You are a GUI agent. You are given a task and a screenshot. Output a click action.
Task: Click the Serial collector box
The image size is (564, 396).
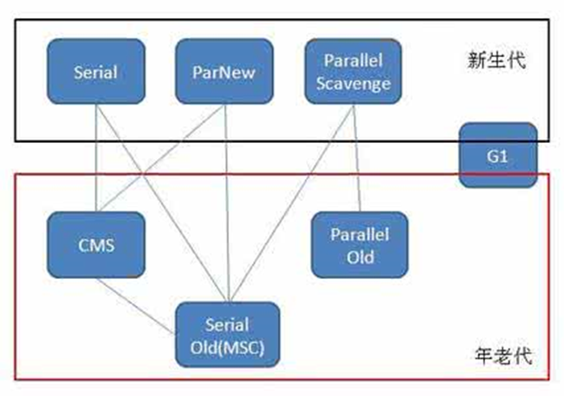(96, 71)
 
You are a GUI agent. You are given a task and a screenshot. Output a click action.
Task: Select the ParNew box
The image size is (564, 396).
(224, 71)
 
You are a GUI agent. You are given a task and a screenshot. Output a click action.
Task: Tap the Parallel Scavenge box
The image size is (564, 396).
(353, 71)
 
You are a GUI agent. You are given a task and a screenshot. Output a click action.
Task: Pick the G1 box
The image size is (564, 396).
(498, 155)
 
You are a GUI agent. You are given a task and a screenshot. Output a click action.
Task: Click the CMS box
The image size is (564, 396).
(96, 244)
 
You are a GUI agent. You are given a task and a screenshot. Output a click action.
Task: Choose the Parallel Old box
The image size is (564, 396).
(360, 244)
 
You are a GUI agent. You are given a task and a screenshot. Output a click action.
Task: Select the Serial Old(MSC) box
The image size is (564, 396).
(227, 334)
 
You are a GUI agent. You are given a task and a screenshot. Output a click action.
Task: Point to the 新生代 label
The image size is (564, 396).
(496, 61)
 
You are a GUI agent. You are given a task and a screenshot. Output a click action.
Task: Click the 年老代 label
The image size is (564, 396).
(502, 356)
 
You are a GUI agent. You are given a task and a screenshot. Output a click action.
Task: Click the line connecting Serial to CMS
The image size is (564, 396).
(96, 158)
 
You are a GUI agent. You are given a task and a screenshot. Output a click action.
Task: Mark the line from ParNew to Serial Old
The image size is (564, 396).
(226, 204)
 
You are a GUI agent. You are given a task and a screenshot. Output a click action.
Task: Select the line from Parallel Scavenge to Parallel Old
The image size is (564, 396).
(356, 158)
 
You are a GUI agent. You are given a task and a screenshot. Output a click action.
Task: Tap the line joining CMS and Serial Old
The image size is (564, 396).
(136, 306)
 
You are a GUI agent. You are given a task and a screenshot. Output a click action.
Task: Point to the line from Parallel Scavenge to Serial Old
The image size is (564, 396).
(292, 204)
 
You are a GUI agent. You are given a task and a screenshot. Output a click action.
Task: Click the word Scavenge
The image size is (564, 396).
(353, 84)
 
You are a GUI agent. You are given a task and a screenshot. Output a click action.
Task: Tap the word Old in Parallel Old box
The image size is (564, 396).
(360, 257)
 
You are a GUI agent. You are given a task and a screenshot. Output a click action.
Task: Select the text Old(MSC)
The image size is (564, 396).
(227, 347)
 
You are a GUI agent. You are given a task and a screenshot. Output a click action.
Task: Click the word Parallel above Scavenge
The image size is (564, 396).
(353, 60)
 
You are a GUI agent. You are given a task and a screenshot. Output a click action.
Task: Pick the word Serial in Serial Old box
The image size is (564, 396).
(227, 325)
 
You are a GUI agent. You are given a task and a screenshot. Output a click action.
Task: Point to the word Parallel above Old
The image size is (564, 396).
(360, 235)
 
